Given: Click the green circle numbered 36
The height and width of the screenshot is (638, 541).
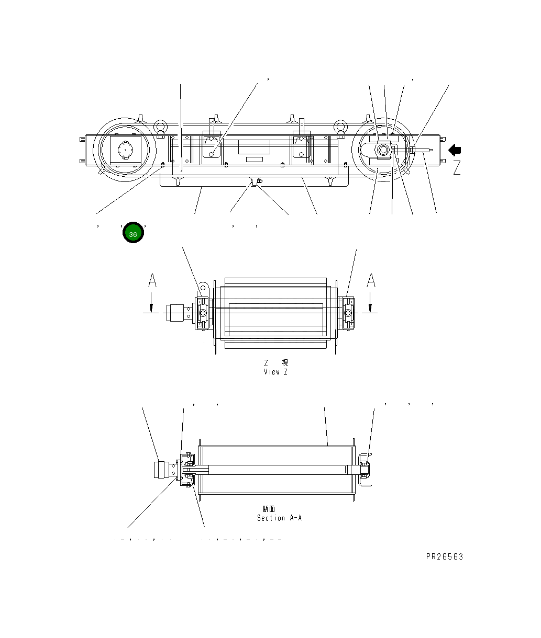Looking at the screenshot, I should [133, 233].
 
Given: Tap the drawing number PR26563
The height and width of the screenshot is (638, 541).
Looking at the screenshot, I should [444, 556].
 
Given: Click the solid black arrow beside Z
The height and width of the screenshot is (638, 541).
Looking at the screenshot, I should [455, 150].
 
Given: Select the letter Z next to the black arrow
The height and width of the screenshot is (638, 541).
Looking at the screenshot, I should [457, 168].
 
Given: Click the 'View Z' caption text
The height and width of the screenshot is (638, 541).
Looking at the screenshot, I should [275, 372].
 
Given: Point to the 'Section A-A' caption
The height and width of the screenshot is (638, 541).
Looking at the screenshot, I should [279, 518].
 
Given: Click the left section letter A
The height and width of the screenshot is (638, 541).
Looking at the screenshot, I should [152, 281].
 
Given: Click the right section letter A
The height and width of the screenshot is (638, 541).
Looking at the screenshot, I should [371, 281].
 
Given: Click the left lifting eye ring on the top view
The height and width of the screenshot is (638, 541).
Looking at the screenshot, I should [161, 127].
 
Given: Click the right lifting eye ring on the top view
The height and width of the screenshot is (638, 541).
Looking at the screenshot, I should [341, 127].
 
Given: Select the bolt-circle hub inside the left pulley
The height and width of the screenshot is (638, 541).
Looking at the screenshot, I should [126, 151].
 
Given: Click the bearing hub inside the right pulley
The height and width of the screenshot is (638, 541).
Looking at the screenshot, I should [383, 151].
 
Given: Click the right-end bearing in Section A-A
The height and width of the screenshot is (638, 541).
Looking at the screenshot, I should [364, 466].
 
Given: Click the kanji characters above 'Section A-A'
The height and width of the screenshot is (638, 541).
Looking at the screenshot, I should [269, 509].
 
